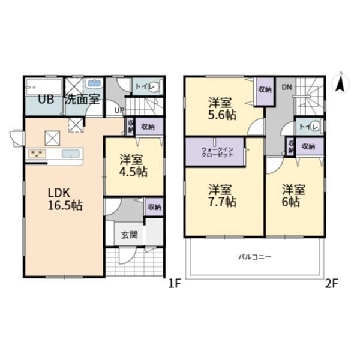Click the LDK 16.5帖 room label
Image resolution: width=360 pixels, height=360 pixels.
(65, 199)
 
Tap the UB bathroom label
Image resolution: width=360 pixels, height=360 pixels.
(46, 100)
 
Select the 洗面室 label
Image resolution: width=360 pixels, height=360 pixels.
(82, 100)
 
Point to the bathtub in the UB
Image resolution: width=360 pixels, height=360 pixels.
(44, 87)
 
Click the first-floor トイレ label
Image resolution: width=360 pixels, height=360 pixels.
(145, 86)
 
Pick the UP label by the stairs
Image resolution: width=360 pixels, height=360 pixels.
(119, 110)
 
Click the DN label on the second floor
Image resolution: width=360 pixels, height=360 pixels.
(287, 87)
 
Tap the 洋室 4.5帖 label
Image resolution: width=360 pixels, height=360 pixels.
(133, 166)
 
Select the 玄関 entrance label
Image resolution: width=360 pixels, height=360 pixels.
(130, 235)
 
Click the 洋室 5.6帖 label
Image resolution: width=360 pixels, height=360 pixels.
(222, 109)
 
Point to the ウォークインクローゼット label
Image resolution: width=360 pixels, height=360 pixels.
(217, 152)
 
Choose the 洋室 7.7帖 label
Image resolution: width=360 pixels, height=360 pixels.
(222, 196)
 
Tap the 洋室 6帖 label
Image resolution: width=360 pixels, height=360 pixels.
(293, 196)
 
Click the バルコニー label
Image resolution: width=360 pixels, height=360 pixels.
(254, 256)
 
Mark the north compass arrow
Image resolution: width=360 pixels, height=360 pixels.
(340, 83)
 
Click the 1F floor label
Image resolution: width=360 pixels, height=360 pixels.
(175, 284)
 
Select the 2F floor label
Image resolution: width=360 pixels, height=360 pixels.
(332, 284)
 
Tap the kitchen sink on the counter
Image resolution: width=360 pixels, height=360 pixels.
(71, 154)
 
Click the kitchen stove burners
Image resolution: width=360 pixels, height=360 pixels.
(37, 154)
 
